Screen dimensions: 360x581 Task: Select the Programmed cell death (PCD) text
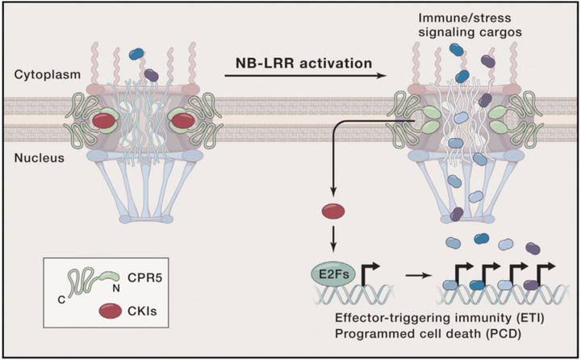click(x=424, y=334)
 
